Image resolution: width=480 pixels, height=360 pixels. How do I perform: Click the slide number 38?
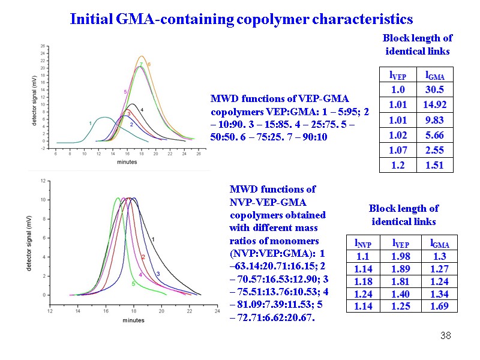(x=445, y=335)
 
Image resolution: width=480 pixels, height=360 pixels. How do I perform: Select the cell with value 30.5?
(x=434, y=89)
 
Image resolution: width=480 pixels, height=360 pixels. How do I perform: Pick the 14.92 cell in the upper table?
(x=434, y=104)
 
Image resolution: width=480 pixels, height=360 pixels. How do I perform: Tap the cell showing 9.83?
(x=434, y=119)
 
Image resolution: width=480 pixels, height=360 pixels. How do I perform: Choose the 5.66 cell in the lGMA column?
(x=434, y=134)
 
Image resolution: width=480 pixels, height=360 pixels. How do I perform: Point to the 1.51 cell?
(x=434, y=164)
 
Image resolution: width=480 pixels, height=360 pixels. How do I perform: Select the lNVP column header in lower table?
(x=364, y=243)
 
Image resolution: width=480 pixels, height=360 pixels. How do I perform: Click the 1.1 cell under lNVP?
(x=364, y=256)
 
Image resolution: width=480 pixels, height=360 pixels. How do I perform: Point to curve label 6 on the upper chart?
(x=149, y=64)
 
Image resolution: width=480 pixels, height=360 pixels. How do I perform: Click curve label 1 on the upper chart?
(x=90, y=123)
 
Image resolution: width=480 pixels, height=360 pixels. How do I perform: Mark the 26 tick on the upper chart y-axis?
(x=42, y=46)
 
